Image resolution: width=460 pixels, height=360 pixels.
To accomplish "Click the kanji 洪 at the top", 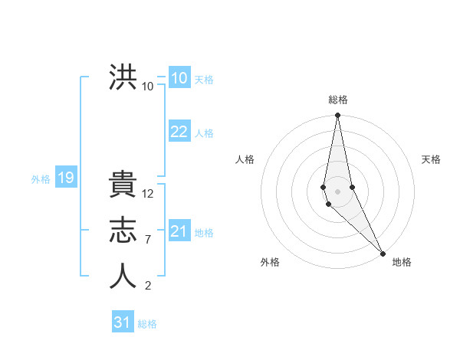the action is [123, 78].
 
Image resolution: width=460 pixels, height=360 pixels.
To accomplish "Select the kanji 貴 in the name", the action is [123, 187].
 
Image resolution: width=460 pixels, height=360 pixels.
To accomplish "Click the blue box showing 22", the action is [179, 132].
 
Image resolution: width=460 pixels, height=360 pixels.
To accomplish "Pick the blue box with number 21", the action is [179, 231].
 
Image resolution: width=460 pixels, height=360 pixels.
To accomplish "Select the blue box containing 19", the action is [65, 178].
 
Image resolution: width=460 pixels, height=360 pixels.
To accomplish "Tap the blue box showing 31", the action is [122, 322].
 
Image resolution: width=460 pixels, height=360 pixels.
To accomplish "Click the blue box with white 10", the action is [179, 78].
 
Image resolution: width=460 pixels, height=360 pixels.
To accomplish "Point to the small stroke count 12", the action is [148, 194].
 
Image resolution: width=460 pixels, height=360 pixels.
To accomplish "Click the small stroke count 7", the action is [148, 240].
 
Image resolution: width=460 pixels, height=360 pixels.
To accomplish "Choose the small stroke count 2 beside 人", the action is [148, 286].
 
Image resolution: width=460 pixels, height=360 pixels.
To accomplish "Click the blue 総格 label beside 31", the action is [147, 324].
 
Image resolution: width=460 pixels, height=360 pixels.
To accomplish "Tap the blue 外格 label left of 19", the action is [41, 179].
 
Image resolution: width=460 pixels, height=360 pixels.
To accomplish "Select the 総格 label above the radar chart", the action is [338, 100].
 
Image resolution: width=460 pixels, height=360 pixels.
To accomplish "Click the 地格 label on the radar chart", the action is [402, 262].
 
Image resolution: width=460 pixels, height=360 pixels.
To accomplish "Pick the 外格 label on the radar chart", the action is [270, 262].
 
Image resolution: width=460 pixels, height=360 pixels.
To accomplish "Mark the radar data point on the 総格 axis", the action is [338, 116].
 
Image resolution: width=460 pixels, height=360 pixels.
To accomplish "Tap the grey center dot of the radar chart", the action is [338, 190].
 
